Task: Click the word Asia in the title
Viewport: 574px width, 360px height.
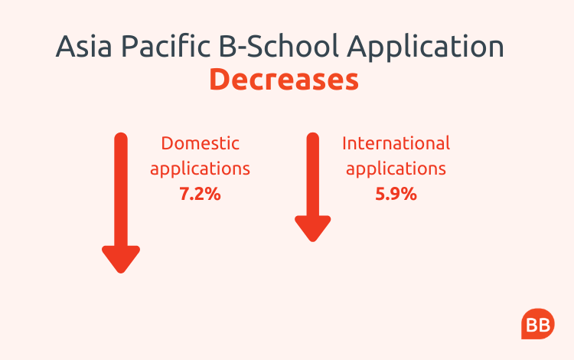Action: click(x=83, y=46)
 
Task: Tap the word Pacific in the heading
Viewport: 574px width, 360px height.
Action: click(x=166, y=46)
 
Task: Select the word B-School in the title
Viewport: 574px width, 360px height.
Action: click(x=279, y=46)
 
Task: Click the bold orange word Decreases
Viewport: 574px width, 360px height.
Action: click(x=284, y=80)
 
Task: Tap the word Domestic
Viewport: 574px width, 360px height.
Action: click(x=201, y=143)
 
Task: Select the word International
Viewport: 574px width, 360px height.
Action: click(x=396, y=143)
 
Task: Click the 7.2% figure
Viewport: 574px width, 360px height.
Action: click(x=200, y=194)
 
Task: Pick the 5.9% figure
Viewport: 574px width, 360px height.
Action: click(x=396, y=194)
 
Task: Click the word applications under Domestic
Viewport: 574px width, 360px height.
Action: click(x=201, y=169)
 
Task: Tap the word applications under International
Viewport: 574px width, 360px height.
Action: click(x=396, y=169)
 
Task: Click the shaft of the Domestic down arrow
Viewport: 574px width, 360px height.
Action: click(x=121, y=190)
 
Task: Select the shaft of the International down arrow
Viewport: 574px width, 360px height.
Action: click(x=312, y=175)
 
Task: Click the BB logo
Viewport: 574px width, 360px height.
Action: click(x=538, y=324)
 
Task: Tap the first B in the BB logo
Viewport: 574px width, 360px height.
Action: click(x=532, y=325)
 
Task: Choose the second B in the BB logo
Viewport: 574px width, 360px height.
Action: click(x=544, y=325)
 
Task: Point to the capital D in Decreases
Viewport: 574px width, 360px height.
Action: click(x=219, y=80)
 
